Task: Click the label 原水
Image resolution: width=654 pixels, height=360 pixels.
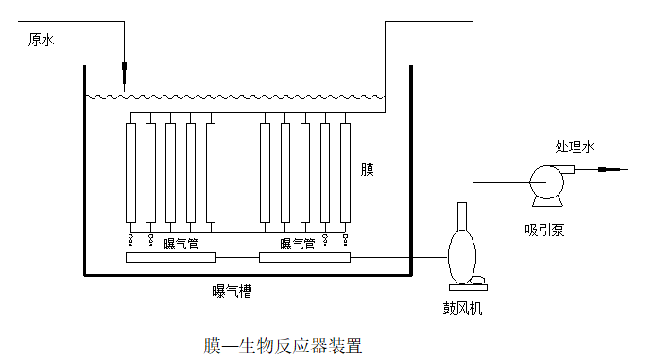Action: point(43,40)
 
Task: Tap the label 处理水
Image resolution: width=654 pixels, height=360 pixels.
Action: point(575,146)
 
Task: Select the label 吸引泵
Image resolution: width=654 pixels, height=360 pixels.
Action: point(545,230)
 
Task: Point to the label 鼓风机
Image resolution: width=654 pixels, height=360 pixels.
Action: point(463,307)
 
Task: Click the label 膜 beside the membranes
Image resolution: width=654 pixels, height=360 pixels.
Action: point(368,170)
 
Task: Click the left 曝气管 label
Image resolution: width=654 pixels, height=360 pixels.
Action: point(181,245)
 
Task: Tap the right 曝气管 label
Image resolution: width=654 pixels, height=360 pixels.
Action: point(298,245)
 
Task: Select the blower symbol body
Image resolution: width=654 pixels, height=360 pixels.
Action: point(460,252)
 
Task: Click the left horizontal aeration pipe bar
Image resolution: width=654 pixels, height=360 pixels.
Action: point(171,257)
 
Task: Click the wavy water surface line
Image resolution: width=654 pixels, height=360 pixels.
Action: point(236,96)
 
